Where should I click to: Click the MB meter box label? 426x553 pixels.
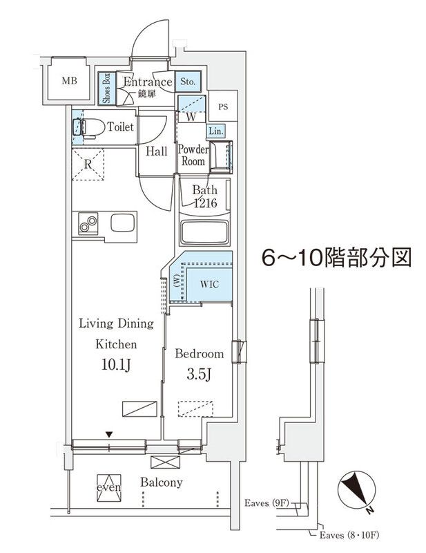coord(69,81)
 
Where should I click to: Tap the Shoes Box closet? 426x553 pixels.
coord(106,88)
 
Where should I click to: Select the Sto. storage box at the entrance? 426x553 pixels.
coord(188,82)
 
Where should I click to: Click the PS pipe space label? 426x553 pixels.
coord(222,106)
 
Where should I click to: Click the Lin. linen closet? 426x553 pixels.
coord(214,131)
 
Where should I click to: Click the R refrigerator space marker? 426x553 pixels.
coord(88,165)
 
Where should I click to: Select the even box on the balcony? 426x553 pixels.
coord(109,487)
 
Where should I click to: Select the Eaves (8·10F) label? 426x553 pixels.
coord(349,536)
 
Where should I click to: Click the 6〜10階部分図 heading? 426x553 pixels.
coord(336,258)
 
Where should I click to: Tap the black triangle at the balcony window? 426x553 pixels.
coord(108,433)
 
